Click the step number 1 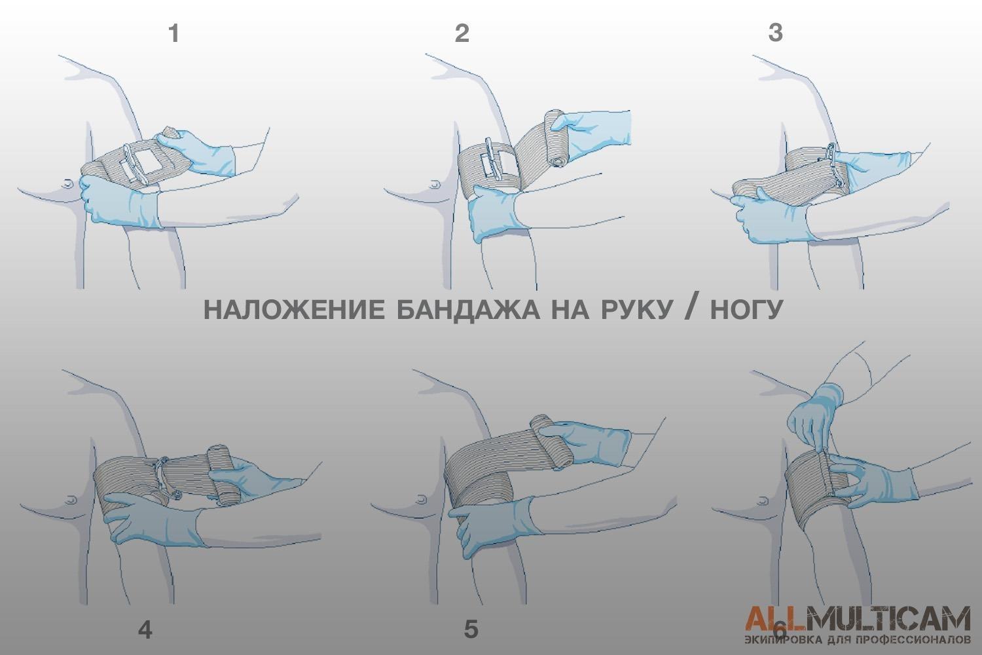(174, 34)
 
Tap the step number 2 (462, 34)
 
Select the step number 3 (776, 33)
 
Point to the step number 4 (145, 630)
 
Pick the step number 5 (471, 629)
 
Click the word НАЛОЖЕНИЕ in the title (295, 310)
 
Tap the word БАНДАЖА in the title (469, 310)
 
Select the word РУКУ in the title (636, 310)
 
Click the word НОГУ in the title (746, 310)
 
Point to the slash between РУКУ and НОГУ (691, 309)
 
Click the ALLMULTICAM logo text (858, 618)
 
